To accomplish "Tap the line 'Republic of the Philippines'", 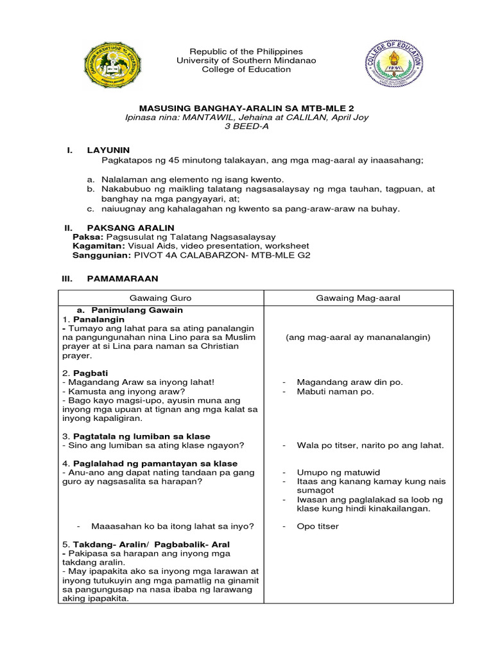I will coord(246,51).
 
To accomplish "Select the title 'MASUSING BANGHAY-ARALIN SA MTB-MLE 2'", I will coord(246,110).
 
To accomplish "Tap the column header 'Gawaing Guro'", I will coord(160,298).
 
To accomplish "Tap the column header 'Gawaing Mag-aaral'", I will coord(358,298).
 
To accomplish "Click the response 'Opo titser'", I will coord(318,526).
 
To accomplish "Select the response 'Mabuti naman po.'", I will coord(335,391).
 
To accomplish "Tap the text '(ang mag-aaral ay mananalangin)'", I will coord(358,337).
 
